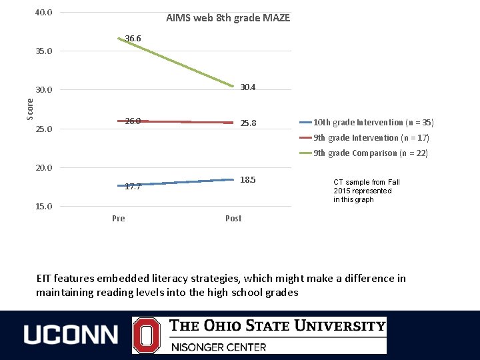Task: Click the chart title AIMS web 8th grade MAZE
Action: [228, 18]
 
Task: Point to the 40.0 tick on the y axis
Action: [44, 12]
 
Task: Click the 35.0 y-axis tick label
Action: [44, 51]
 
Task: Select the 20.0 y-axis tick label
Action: [44, 167]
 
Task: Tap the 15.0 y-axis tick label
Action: [44, 206]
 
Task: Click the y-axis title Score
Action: [29, 109]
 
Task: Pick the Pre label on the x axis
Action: [119, 219]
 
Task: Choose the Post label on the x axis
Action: [233, 219]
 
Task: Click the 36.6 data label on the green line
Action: [133, 39]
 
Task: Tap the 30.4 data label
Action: [248, 87]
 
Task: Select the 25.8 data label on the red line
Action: [248, 123]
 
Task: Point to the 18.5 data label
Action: [248, 180]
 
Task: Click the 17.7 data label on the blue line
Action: [133, 187]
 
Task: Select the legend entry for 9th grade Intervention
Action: [371, 138]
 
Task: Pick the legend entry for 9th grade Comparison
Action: [371, 153]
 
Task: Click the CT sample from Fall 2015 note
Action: [366, 191]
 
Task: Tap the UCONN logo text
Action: [71, 335]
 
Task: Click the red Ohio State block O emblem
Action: [146, 335]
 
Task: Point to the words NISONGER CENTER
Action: [219, 347]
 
